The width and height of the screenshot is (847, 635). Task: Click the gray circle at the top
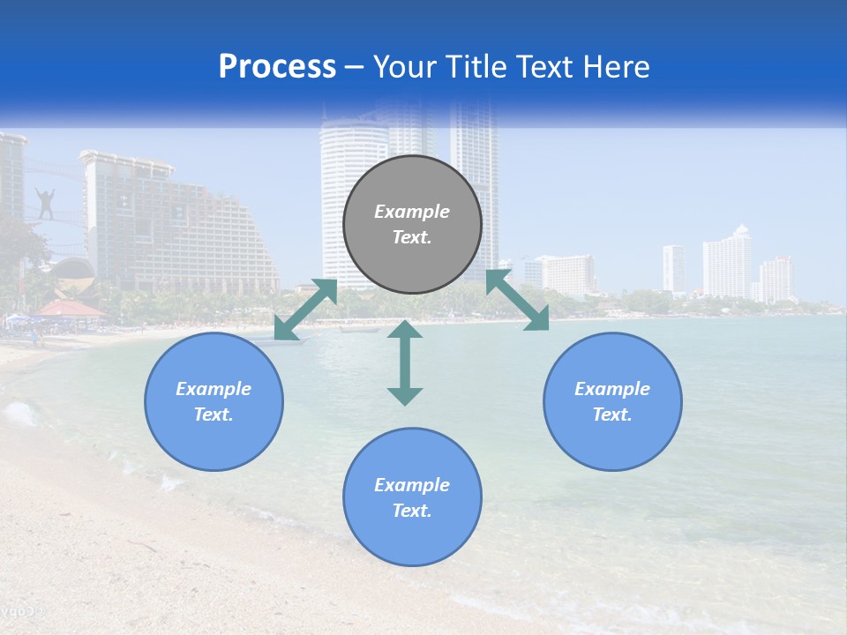pyautogui.click(x=412, y=225)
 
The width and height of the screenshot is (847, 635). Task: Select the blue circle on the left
pyautogui.click(x=214, y=401)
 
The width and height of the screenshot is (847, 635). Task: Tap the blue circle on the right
pyautogui.click(x=612, y=401)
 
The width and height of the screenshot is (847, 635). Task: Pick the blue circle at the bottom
pyautogui.click(x=412, y=497)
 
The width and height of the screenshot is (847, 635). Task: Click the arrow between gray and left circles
pyautogui.click(x=306, y=309)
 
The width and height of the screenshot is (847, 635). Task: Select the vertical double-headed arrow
pyautogui.click(x=405, y=362)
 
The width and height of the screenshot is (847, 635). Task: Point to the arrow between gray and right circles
pyautogui.click(x=518, y=300)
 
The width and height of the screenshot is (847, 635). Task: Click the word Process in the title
pyautogui.click(x=277, y=67)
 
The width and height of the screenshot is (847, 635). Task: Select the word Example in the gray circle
pyautogui.click(x=412, y=212)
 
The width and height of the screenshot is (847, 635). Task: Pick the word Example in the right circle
pyautogui.click(x=612, y=389)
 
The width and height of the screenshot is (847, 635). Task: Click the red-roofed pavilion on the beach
pyautogui.click(x=69, y=309)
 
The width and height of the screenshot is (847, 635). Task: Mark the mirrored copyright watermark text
pyautogui.click(x=22, y=611)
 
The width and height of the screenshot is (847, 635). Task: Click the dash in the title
pyautogui.click(x=355, y=68)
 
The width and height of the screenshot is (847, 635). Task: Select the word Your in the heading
pyautogui.click(x=407, y=67)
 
